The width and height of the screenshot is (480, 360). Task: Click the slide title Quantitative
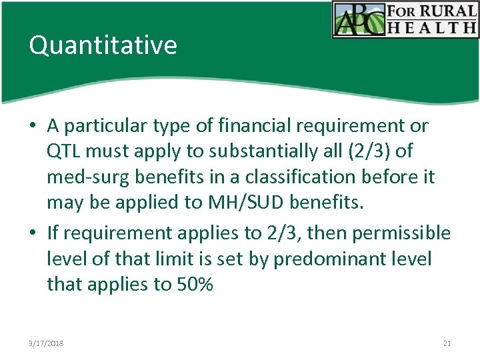103,45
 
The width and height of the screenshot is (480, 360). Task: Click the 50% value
194,285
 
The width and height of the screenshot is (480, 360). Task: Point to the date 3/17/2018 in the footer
47,343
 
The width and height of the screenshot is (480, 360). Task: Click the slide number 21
447,343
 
